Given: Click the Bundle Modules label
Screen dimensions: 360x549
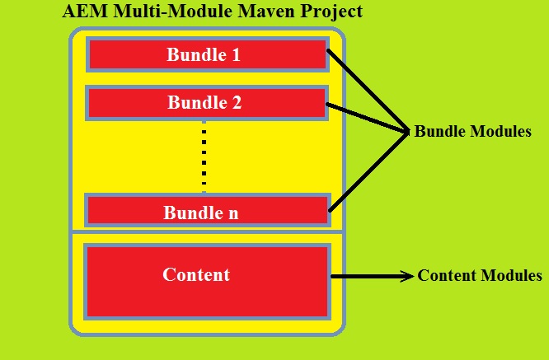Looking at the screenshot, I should click(x=472, y=132).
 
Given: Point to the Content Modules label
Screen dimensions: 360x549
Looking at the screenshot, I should click(x=480, y=276).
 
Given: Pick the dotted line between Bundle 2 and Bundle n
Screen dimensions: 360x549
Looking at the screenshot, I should click(x=204, y=157).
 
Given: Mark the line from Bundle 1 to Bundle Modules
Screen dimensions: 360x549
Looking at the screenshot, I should click(x=368, y=90).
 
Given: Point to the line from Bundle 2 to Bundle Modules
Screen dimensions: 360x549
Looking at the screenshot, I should click(x=368, y=118).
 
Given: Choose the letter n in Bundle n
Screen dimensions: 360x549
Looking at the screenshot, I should click(x=233, y=213).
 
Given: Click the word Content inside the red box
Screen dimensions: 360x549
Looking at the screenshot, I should click(x=196, y=274).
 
